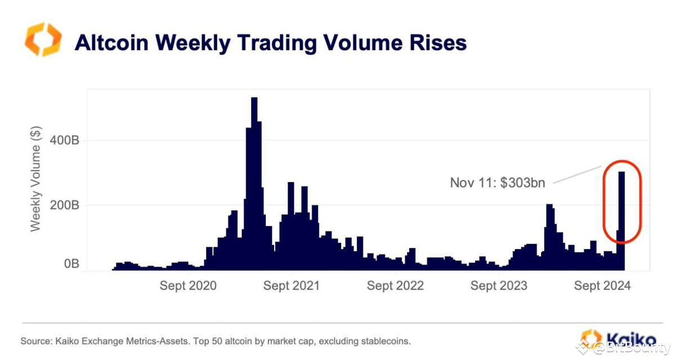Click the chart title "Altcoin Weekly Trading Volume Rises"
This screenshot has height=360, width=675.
click(270, 43)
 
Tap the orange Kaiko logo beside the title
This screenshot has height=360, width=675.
click(43, 39)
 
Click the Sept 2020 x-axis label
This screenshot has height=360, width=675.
click(187, 286)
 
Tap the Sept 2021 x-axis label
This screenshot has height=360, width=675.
click(291, 286)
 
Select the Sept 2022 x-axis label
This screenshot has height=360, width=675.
click(395, 286)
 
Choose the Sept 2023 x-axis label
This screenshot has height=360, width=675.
click(499, 286)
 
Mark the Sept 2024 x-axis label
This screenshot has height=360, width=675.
click(602, 286)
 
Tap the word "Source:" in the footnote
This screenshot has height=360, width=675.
click(35, 341)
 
